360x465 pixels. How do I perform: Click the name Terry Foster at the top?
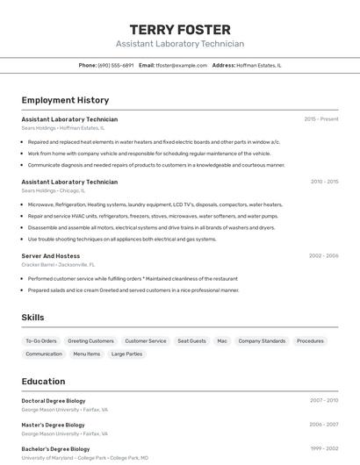(180, 29)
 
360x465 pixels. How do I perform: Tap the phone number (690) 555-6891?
(116, 65)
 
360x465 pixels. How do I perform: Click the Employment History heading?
(65, 100)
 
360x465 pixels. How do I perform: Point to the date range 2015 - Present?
(321, 118)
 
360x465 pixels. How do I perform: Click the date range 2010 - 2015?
(324, 182)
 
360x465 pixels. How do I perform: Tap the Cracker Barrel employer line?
(58, 264)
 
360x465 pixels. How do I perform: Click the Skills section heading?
(32, 318)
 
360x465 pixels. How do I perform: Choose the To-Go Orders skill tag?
(41, 340)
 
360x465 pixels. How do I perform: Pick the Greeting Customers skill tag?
(91, 340)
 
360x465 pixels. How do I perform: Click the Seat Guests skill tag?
(191, 340)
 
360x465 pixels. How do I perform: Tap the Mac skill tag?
(222, 340)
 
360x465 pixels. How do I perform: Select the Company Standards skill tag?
(262, 340)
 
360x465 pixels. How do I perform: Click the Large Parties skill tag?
(126, 354)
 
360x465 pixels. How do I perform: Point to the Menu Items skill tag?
(86, 354)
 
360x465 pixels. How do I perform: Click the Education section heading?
(43, 382)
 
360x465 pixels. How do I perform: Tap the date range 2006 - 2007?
(324, 425)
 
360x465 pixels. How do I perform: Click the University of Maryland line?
(84, 458)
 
